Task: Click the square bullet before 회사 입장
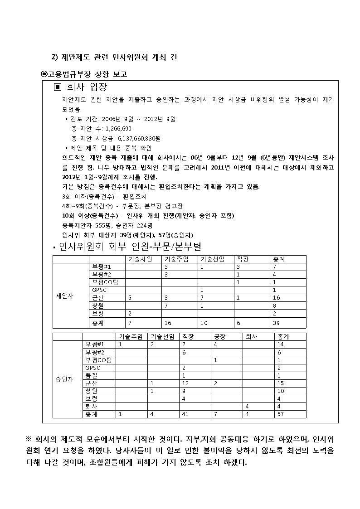point(58,87)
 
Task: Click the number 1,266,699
point(106,128)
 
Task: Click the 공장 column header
point(220,337)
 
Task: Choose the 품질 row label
point(91,375)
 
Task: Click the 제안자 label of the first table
point(64,296)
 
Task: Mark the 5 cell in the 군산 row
point(130,298)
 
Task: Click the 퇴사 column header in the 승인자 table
point(252,337)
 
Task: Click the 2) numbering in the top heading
point(54,57)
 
